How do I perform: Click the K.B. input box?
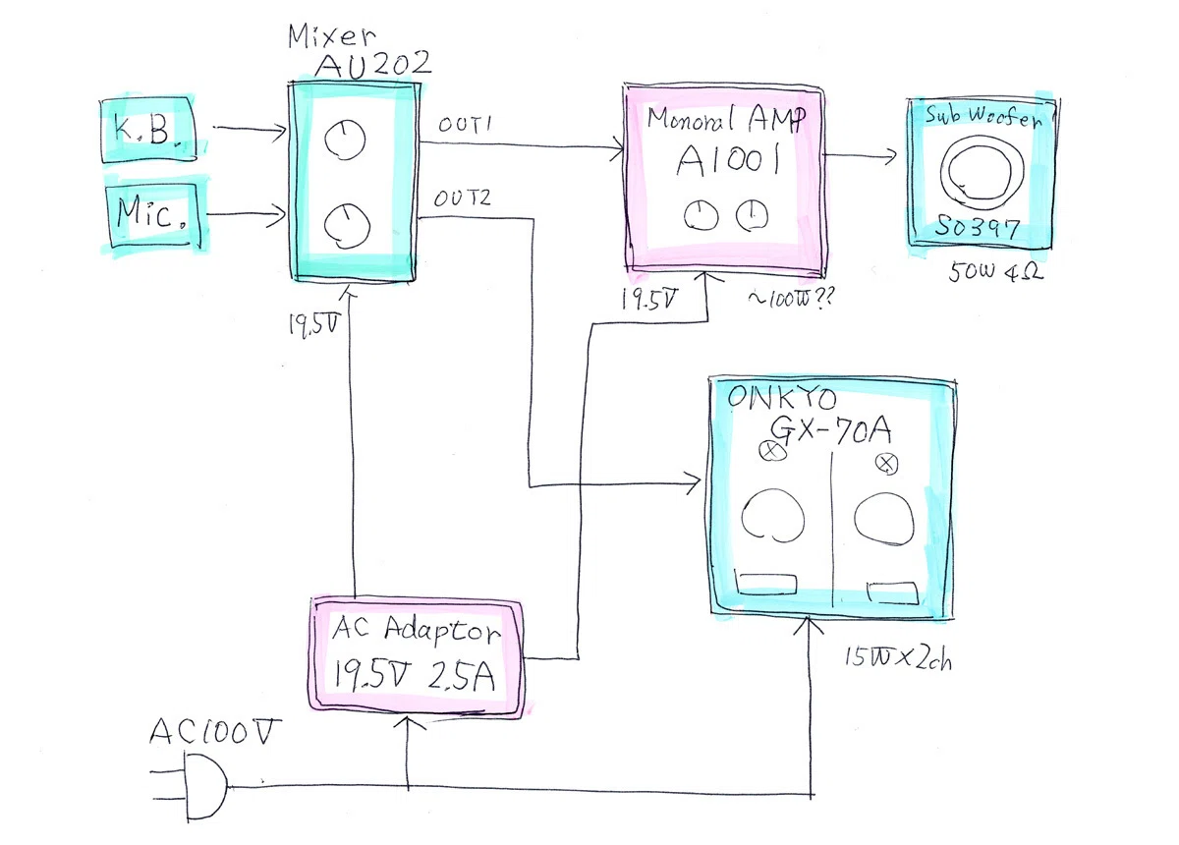click(x=148, y=129)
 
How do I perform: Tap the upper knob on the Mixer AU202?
click(x=345, y=139)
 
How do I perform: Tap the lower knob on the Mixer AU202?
click(x=347, y=226)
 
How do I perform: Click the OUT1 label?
click(x=465, y=124)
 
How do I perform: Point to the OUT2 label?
click(x=462, y=197)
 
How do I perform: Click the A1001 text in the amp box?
click(x=728, y=159)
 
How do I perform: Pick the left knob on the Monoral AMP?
click(x=701, y=216)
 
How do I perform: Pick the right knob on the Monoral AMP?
click(x=752, y=215)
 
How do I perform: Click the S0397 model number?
click(x=977, y=228)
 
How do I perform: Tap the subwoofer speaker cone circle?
click(x=982, y=169)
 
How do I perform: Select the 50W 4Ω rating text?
click(x=995, y=271)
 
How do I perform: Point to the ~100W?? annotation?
click(x=791, y=298)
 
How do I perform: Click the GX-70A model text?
click(x=831, y=430)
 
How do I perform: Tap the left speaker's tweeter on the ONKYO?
click(x=772, y=450)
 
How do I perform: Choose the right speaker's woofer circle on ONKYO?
click(x=884, y=517)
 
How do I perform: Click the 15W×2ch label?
click(x=898, y=657)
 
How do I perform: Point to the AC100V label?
click(x=214, y=731)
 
